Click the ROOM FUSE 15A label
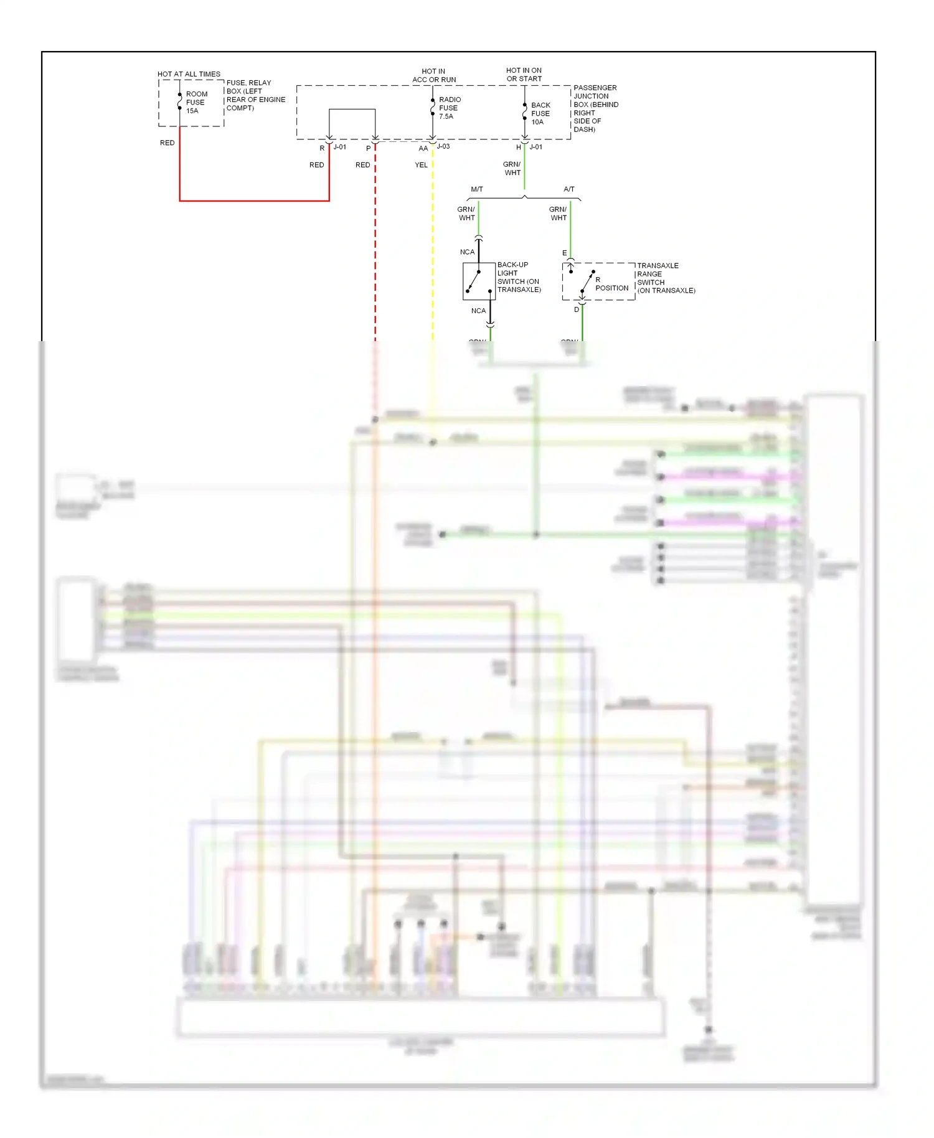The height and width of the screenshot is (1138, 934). point(196,103)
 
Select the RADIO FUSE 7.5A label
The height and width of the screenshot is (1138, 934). point(449,108)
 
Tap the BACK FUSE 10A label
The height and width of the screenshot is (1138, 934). point(540,113)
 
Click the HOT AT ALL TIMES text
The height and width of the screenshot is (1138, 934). point(189,74)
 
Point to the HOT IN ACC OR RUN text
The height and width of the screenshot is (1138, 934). point(434,75)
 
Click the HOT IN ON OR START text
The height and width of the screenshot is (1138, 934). point(524,75)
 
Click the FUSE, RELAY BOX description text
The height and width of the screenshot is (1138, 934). point(255,95)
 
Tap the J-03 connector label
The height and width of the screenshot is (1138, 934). point(443,146)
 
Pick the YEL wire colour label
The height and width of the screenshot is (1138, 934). point(421,165)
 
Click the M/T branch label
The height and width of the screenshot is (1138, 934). point(477,189)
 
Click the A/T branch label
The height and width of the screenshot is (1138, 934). point(569,189)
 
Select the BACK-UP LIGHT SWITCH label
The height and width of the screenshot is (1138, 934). point(519,277)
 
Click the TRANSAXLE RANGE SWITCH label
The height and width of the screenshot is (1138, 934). point(665,278)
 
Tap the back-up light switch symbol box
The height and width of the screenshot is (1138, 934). point(479,281)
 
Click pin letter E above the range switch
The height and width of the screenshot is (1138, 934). point(565,253)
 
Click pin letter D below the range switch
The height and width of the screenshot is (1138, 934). point(577,309)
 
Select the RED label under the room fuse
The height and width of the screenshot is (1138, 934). point(167,143)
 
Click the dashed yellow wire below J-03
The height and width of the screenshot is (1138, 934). point(433,249)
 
